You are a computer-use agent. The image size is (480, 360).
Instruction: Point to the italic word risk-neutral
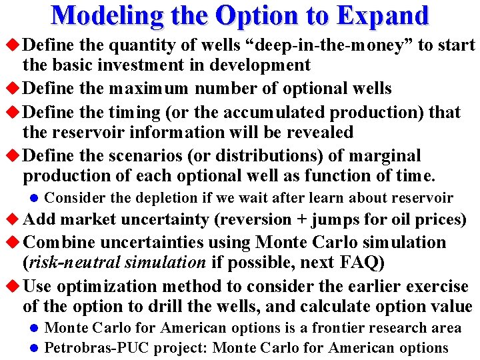[x=65, y=263]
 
